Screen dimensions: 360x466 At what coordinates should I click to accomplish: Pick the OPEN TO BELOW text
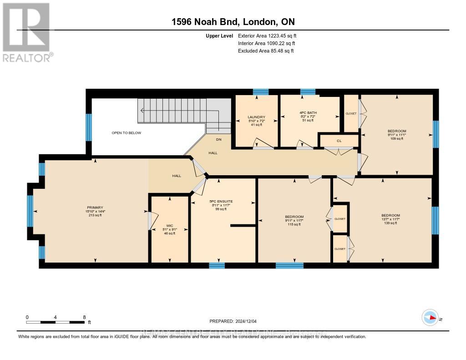point(127,133)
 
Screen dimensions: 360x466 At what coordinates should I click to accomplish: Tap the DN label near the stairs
point(218,140)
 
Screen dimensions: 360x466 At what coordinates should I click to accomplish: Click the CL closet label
point(339,141)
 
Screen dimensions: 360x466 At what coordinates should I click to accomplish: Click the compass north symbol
point(430,317)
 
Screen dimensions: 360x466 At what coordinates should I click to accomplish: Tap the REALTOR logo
point(26,32)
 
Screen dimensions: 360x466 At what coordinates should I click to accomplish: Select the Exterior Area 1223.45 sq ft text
point(267,35)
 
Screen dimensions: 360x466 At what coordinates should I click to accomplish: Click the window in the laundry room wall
point(261,91)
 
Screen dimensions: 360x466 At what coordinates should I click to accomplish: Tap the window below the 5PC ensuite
point(217,266)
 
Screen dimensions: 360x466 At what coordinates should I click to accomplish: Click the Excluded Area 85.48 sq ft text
point(266,51)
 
